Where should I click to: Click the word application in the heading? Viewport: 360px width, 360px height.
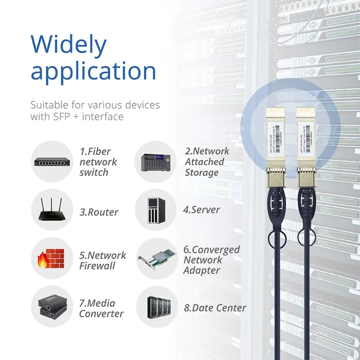(93, 72)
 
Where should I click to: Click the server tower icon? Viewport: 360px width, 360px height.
(156, 210)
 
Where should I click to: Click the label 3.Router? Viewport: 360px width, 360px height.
(99, 212)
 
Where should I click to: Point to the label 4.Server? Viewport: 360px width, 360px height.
(202, 210)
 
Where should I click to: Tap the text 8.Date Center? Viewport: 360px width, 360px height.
(215, 308)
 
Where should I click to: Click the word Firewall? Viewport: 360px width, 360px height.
(98, 266)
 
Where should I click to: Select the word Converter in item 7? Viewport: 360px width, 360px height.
(101, 314)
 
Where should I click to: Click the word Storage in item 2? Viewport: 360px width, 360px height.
(202, 173)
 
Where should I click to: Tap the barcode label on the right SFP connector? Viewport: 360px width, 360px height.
(306, 142)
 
